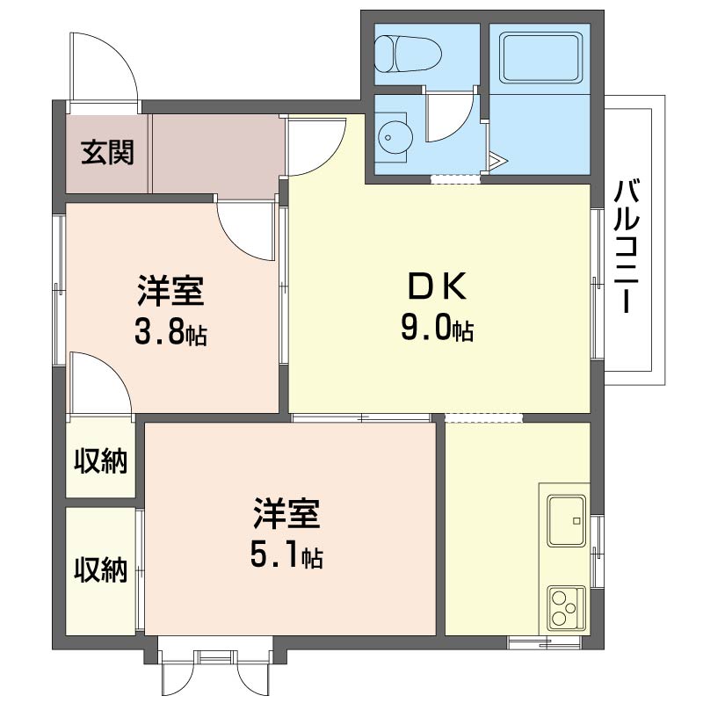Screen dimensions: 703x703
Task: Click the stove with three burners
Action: (x=565, y=606)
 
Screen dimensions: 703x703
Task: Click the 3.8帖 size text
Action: (x=171, y=331)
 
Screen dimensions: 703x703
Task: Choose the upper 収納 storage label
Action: (x=100, y=459)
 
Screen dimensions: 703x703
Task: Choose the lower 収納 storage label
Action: (x=100, y=569)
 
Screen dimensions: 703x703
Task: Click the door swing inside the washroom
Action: (x=450, y=118)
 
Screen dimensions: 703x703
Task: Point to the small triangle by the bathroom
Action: (x=497, y=161)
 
